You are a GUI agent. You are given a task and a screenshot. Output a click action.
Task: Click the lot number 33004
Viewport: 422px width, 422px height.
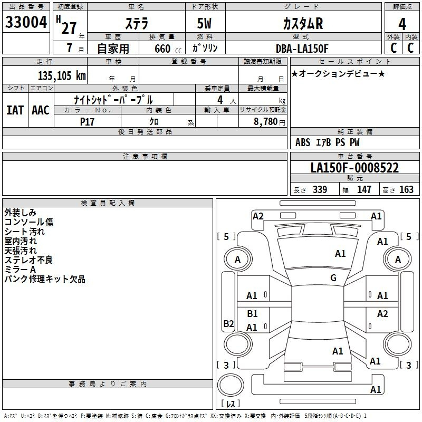point(26,23)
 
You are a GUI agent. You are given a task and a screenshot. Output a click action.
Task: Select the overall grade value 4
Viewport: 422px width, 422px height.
point(402,24)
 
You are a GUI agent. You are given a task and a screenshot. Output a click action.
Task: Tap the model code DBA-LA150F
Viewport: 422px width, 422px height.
point(302,49)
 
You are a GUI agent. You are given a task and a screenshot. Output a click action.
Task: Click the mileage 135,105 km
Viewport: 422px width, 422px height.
point(62,75)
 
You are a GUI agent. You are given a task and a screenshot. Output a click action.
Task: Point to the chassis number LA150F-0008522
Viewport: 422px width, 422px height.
point(354,168)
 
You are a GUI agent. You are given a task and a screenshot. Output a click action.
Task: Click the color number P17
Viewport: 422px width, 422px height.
point(87,121)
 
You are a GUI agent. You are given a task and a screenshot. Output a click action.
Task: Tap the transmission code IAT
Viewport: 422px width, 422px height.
point(15,110)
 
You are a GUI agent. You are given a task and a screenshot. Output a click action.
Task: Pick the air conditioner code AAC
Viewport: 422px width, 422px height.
point(40,110)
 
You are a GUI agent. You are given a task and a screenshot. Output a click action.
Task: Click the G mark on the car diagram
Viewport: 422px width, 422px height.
point(333,278)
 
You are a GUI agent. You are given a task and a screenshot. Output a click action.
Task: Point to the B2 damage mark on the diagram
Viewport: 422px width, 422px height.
point(228,323)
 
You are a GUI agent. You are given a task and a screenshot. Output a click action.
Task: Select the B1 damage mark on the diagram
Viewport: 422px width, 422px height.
point(253,314)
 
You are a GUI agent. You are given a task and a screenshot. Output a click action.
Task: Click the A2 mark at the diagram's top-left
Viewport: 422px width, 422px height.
point(258,216)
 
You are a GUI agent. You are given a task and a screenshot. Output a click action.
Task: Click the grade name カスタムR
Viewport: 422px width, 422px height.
point(302,24)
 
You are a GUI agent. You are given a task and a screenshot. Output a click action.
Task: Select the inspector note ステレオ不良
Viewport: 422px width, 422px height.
point(28,260)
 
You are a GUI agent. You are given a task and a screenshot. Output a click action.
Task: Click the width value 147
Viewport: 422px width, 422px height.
point(364,190)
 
